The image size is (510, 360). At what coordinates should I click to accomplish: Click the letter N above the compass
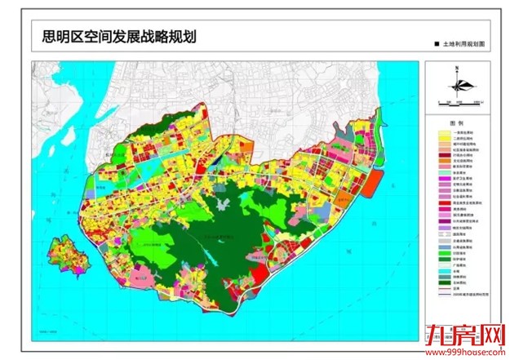click(458, 67)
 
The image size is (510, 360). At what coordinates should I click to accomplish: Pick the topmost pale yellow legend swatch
click(444, 131)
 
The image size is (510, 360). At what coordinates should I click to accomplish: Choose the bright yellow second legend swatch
click(444, 139)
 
